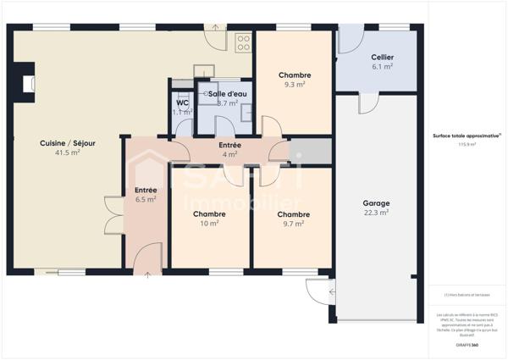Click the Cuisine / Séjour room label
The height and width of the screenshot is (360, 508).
(67, 143)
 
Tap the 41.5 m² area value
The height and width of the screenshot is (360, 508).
(67, 153)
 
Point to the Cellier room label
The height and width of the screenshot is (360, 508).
(382, 57)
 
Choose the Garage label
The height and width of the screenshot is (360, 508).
(376, 204)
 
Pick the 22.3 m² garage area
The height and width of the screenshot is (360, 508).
(376, 213)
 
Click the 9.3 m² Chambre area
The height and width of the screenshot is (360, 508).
(295, 85)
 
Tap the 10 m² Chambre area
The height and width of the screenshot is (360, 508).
(209, 224)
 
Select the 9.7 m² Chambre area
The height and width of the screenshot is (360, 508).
(295, 224)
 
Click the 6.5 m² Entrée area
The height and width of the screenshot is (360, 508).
(146, 200)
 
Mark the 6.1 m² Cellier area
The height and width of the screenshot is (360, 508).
(382, 67)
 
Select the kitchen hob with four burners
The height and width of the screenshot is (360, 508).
(244, 42)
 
